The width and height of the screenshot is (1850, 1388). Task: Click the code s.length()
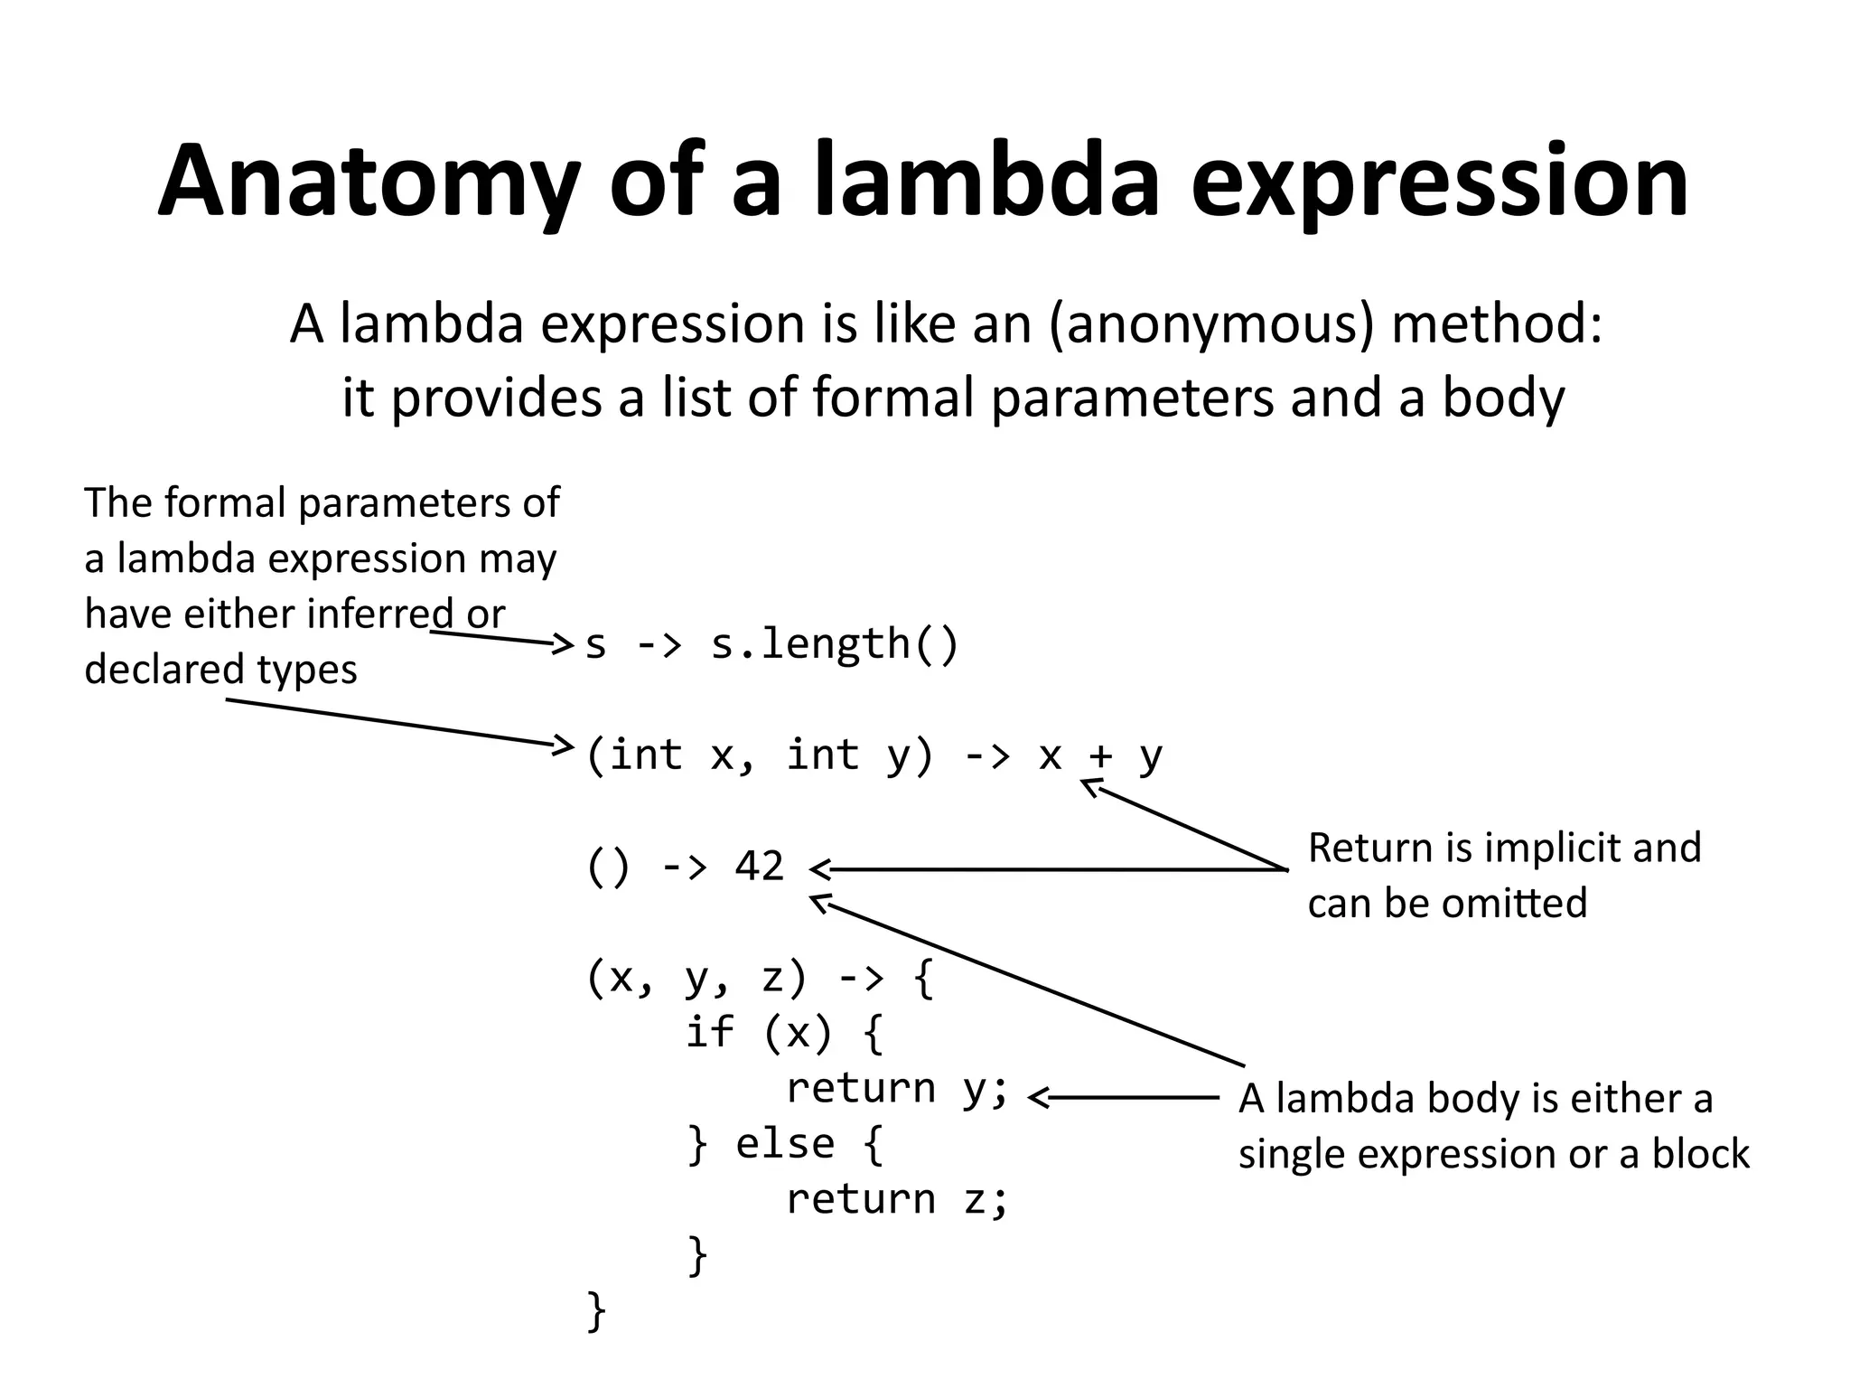click(x=835, y=644)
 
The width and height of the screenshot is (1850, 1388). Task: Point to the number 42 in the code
click(x=759, y=866)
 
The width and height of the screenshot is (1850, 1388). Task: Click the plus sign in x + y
click(x=1099, y=755)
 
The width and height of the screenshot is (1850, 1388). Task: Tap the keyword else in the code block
click(x=784, y=1144)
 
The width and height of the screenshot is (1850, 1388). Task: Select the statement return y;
click(x=896, y=1088)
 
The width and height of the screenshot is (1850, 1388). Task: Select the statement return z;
click(x=896, y=1200)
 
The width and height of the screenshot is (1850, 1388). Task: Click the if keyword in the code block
click(x=709, y=1032)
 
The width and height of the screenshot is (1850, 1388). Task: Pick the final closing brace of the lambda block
click(x=596, y=1310)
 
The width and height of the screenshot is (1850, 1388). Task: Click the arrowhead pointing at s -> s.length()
click(x=565, y=644)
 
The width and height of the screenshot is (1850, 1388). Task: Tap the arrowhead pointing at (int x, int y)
click(x=565, y=746)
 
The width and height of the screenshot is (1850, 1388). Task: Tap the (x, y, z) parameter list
click(x=696, y=978)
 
